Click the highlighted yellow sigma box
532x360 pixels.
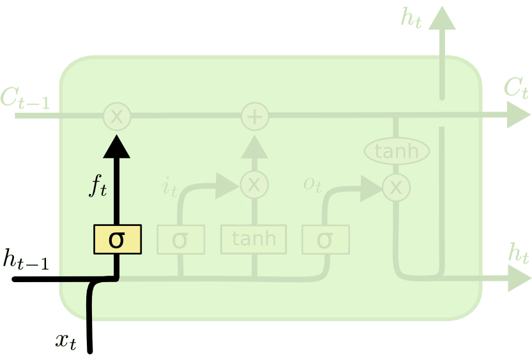point(117,239)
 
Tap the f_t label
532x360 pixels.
point(97,185)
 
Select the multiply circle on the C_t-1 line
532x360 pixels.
point(117,117)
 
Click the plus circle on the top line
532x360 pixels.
point(255,117)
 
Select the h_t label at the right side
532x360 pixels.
point(519,253)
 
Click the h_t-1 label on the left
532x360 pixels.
point(26,259)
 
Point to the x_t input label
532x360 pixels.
point(65,341)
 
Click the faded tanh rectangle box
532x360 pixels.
point(254,239)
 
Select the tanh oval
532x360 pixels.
point(396,151)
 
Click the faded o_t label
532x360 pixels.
point(313,184)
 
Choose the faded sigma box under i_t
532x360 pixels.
point(181,240)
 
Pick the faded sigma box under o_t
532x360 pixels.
point(325,240)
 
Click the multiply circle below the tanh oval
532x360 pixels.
point(396,187)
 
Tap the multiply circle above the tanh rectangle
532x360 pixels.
point(254,184)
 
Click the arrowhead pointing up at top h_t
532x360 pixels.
point(442,17)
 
